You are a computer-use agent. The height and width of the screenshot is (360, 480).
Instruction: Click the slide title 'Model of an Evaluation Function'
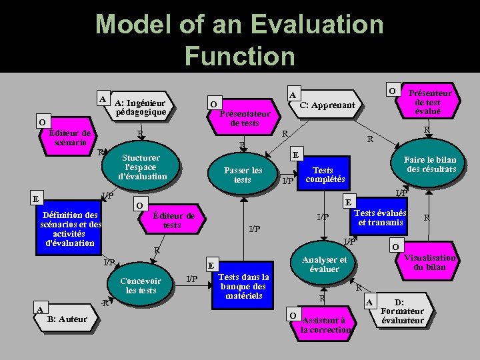click(240, 40)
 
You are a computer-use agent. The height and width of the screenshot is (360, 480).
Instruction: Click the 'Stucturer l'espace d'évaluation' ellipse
click(142, 167)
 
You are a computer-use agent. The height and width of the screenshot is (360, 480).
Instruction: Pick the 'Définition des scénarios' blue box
click(70, 229)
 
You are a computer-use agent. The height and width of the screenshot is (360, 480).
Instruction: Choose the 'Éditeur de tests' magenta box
click(172, 220)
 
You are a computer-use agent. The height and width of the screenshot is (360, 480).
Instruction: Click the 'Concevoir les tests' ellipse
click(141, 285)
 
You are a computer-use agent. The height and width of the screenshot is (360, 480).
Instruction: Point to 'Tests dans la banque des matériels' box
click(244, 286)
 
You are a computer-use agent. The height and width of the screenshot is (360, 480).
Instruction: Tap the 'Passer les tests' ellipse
click(243, 175)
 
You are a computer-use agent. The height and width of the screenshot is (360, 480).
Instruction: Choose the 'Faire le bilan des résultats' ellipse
click(430, 164)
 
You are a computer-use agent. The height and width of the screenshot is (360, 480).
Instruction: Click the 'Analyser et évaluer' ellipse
click(324, 265)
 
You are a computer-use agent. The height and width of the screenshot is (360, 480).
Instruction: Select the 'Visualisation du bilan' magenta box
click(428, 262)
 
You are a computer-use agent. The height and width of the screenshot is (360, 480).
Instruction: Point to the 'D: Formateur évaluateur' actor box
click(404, 311)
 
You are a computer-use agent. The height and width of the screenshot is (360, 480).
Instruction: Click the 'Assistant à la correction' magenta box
click(324, 325)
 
